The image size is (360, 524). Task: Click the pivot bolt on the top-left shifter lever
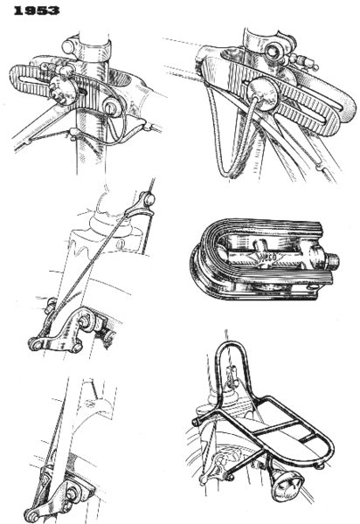pos(112,107)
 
